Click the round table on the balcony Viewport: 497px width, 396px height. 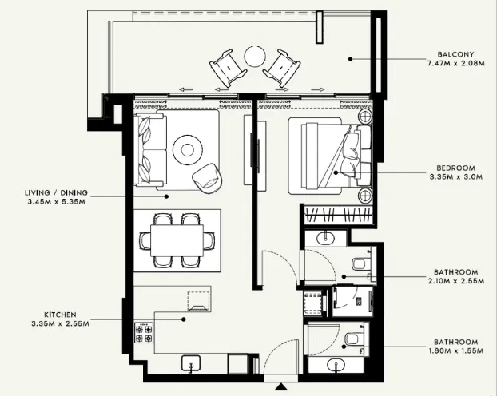click(x=254, y=56)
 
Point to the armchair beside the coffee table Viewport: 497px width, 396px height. click(x=208, y=177)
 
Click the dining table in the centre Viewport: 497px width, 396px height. click(x=177, y=239)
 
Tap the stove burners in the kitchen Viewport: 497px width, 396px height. click(x=145, y=332)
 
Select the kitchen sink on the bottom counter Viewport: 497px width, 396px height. click(x=192, y=364)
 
